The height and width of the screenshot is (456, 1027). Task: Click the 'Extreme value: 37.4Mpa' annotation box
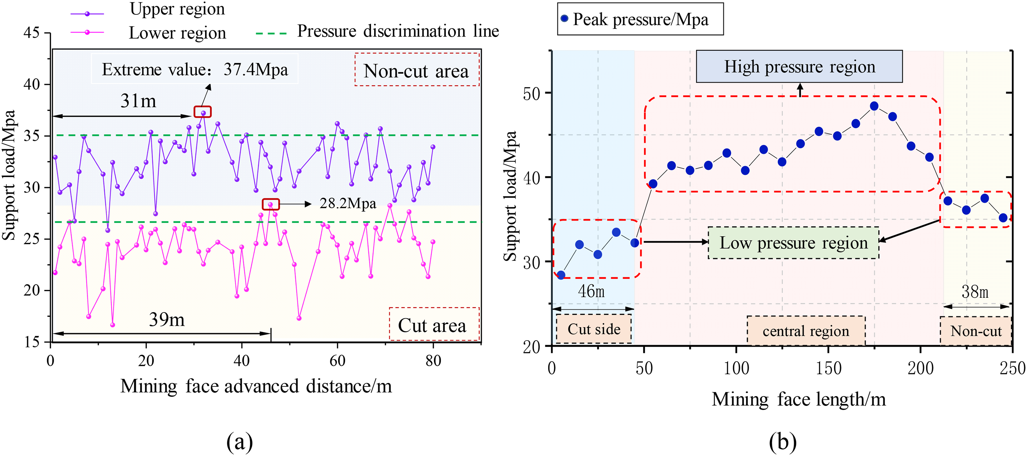point(194,69)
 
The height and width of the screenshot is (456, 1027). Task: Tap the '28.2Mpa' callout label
point(348,204)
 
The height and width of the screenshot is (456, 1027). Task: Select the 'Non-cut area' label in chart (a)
point(417,70)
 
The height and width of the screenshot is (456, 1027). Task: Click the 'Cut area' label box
point(434,324)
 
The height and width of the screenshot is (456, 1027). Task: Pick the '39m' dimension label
point(167,319)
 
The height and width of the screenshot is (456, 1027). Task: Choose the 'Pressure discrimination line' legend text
point(398,31)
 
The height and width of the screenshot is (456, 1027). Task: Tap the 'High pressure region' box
point(799,66)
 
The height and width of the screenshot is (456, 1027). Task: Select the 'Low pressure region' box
point(794,243)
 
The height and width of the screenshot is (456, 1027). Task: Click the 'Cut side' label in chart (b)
point(594,329)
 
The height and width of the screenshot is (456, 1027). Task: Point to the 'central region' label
point(806,331)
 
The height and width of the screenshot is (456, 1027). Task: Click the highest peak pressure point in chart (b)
point(874,106)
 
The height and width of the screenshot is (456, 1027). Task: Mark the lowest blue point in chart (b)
point(561,275)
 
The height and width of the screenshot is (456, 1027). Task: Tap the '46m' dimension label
point(591,291)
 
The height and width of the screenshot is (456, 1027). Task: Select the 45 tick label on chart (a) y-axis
point(31,33)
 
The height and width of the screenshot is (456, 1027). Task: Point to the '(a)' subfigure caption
point(240,442)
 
